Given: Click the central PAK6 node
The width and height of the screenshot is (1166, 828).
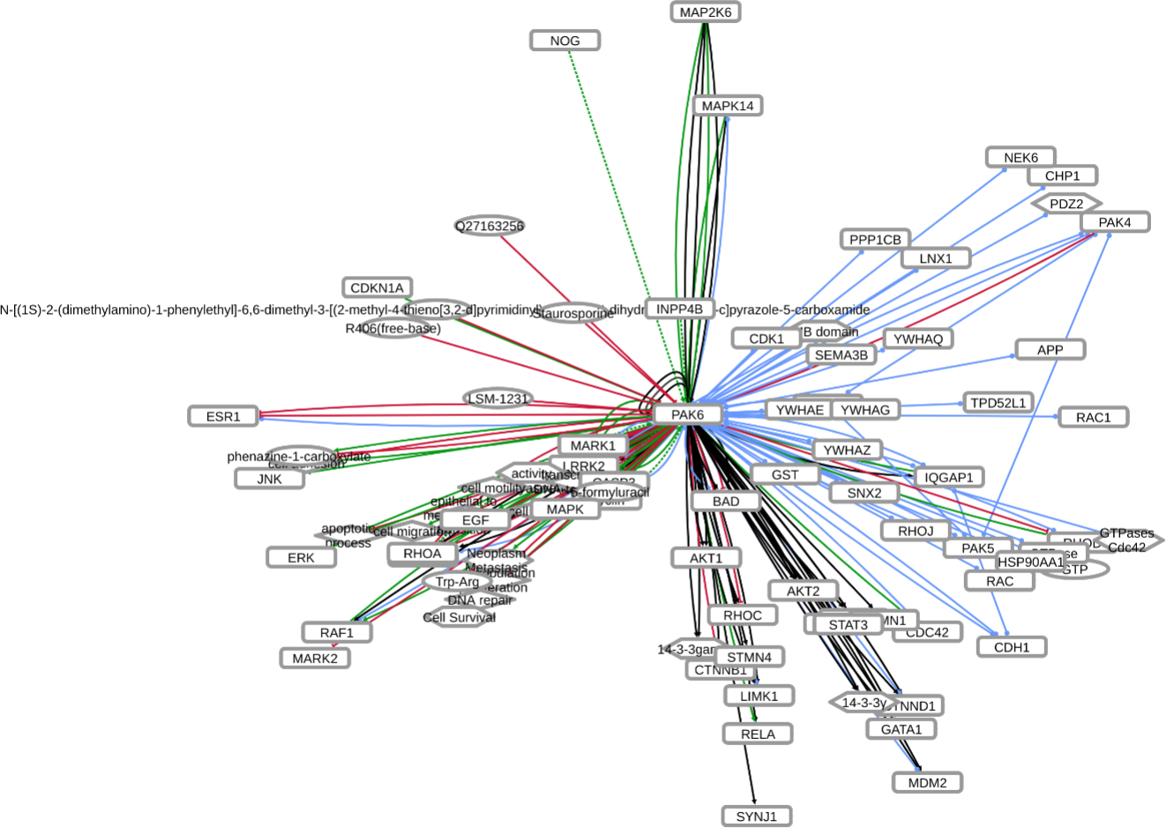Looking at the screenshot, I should pos(688,414).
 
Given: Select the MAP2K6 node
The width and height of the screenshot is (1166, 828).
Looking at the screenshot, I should pos(705,12).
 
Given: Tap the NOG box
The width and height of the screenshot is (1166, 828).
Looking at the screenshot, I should pos(565,41).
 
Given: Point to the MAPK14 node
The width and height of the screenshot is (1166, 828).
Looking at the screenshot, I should pos(728,106).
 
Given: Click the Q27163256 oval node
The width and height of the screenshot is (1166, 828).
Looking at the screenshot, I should pos(490,227).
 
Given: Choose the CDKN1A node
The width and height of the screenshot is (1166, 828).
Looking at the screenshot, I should pos(377,287).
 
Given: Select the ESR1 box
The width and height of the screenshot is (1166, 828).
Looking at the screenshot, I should pos(223,416).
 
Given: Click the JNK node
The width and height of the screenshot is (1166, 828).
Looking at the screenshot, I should pos(269,479).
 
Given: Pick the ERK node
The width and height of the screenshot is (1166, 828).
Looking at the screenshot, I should pos(301,557).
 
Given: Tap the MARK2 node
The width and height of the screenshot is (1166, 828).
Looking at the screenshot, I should pos(315,658).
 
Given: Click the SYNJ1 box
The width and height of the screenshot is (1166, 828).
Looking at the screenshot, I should pos(757,817).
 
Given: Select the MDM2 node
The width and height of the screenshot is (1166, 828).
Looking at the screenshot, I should pos(927,782).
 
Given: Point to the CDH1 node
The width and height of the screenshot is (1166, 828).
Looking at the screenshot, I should pos(1012,647).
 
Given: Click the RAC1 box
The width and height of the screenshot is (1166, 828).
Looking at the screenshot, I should pos(1094,417).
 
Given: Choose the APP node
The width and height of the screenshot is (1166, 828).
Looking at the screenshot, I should pos(1050,350).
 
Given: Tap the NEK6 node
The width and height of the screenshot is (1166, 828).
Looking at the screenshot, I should pos(1020,158).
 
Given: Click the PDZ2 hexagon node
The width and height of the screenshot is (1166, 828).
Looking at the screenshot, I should pos(1066,204).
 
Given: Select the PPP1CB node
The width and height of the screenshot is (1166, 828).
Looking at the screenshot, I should pos(875,240).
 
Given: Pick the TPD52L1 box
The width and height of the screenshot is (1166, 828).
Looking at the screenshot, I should pos(998,403).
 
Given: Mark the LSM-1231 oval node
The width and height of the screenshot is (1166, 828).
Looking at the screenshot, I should pos(498,399).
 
